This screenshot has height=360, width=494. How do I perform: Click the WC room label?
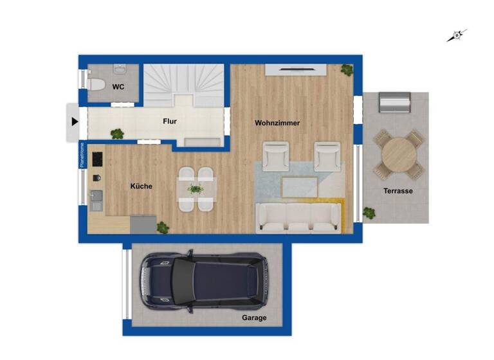point(118,87)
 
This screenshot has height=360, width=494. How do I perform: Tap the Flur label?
point(170,121)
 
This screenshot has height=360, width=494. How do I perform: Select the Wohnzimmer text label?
point(277,123)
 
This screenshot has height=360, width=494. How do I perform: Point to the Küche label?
point(142,186)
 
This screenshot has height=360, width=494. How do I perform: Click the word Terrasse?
point(398,191)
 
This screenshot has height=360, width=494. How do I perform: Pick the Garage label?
point(254,318)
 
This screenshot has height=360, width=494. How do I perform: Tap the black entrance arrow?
point(75,121)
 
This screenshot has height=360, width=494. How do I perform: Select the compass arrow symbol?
point(457,35)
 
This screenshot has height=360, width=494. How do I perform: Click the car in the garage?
point(204,280)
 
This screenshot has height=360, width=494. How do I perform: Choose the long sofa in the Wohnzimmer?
point(298,217)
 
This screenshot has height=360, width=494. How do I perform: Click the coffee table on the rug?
point(300,187)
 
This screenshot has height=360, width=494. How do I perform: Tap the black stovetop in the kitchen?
point(97,158)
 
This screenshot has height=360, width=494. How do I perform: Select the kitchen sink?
point(96,196)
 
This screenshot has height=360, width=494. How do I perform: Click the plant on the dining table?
point(196,189)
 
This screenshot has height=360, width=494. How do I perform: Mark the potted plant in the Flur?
point(117,134)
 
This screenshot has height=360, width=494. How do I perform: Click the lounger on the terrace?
point(393,102)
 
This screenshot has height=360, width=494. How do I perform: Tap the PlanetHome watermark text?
point(82,155)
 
